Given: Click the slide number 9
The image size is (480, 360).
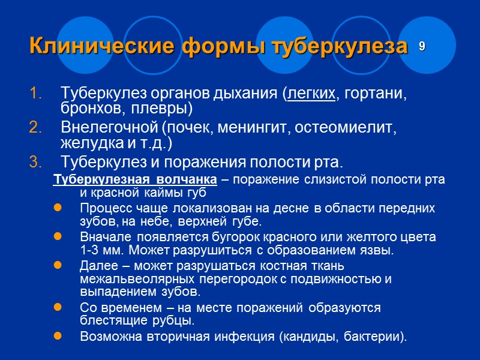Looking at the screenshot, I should [422, 46].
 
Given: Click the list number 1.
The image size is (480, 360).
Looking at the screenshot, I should [35, 94].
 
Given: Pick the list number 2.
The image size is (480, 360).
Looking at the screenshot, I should [35, 128].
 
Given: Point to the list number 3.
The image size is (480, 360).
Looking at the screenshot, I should [35, 161].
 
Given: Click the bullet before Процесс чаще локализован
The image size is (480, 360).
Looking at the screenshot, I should [58, 208].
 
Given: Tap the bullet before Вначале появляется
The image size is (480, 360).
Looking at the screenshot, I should [58, 237].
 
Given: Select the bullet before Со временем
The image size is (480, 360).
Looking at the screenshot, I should [58, 307].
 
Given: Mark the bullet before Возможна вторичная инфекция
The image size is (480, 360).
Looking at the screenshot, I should [58, 336].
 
